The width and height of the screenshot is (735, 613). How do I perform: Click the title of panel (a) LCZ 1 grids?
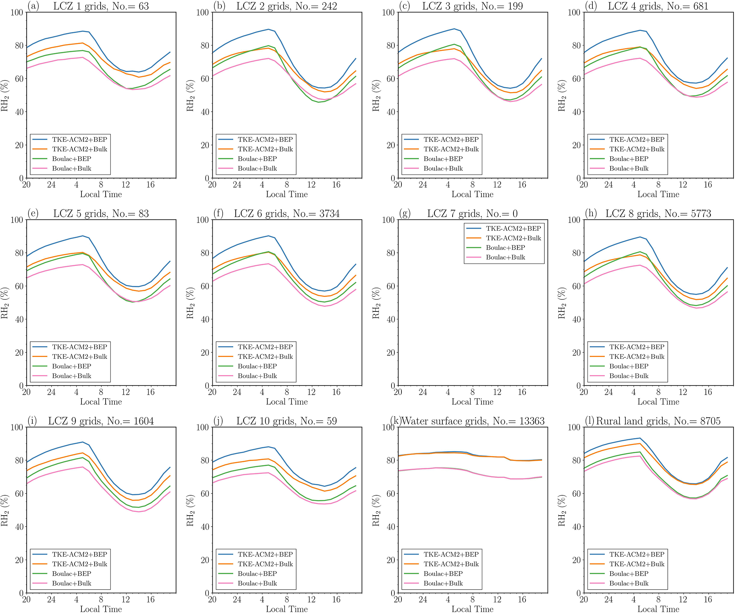[101, 6]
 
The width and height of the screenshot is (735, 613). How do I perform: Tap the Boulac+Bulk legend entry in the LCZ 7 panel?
[505, 257]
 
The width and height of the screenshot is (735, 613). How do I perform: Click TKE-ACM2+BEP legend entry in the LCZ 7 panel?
[513, 229]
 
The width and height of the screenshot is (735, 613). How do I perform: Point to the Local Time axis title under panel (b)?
[287, 194]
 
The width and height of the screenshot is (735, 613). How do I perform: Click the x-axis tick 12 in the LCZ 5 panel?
[126, 392]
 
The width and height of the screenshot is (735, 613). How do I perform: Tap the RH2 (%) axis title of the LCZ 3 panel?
[376, 95]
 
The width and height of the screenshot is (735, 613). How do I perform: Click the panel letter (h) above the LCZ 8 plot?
[591, 213]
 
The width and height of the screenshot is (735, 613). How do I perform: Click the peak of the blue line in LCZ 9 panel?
[82, 442]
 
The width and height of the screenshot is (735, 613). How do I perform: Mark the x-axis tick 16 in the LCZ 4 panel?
[708, 185]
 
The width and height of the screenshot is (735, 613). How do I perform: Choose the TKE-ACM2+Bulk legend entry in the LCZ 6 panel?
[265, 357]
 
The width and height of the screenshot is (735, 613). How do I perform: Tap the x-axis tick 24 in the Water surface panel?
[422, 599]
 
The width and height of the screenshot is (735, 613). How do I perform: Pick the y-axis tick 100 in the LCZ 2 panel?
[202, 12]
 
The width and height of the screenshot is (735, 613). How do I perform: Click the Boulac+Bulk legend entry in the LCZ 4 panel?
[629, 169]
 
